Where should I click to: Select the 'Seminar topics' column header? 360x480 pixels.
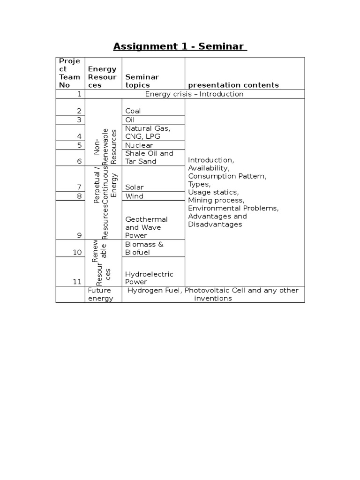pos(142,81)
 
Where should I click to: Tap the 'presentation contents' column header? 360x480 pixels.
pos(233,85)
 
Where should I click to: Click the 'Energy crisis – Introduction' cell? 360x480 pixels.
pos(194,94)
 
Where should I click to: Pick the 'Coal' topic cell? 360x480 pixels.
pos(133,111)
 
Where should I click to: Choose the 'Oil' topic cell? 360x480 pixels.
pos(130,120)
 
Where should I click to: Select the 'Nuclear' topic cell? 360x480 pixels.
pos(139,145)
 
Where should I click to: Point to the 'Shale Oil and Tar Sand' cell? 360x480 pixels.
pos(149,157)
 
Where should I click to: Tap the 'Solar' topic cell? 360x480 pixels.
pos(135,187)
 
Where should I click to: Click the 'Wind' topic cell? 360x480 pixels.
pos(134,196)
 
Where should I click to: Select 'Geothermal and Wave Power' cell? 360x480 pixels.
pos(146,227)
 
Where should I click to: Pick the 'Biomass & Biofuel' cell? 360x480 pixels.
pos(144,248)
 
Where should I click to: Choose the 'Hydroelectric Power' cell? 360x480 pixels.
pos(149,278)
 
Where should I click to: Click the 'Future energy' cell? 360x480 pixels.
pos(100,294)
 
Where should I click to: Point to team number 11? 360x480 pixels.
pos(77,282)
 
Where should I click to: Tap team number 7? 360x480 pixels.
pos(80,187)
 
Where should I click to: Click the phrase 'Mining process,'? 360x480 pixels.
pos(216,200)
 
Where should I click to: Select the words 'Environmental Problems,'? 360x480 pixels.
pos(233,208)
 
